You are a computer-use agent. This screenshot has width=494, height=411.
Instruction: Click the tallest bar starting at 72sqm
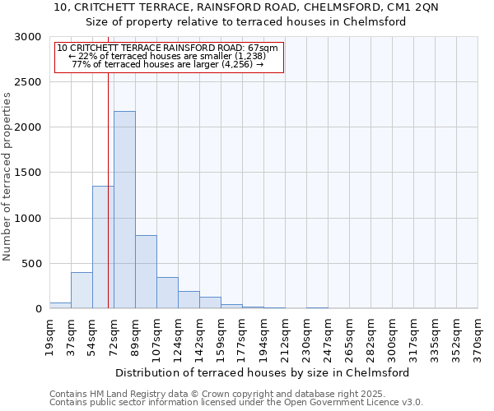tap(124, 210)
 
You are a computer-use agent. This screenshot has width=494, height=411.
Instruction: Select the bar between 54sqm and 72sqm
tap(103, 247)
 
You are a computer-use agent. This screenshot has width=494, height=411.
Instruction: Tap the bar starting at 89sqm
tap(146, 271)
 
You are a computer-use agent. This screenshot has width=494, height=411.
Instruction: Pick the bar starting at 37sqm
tap(82, 290)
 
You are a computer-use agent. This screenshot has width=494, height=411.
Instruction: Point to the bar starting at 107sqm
tap(167, 293)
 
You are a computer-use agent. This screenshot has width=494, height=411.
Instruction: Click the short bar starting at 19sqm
tap(60, 305)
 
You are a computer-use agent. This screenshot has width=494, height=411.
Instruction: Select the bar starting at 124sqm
tap(189, 300)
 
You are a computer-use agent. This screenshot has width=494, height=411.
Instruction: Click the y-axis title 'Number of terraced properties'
tap(7, 177)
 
